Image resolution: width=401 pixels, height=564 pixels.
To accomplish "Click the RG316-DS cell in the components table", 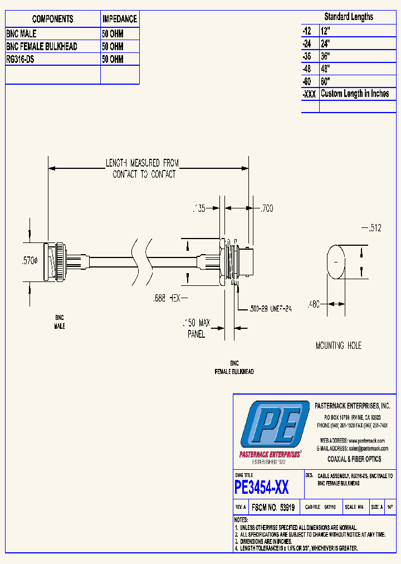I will pos(21,59).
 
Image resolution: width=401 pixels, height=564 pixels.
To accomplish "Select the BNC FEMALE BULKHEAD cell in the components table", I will pos(41,46).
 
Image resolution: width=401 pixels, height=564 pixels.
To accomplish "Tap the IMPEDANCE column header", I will pos(119,19).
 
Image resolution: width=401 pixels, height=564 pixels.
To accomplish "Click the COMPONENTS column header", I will pos(52,19).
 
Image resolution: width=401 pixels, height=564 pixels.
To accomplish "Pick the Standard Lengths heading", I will pos(349,17).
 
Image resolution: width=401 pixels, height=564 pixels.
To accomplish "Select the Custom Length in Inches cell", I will pos(355,94).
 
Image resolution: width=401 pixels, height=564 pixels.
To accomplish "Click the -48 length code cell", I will pos(308,69).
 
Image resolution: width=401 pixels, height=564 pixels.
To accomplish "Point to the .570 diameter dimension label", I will pos(27,260).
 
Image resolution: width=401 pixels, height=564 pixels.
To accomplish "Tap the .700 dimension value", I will pos(267,209).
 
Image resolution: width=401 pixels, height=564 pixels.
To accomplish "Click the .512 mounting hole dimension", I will pos(374,228).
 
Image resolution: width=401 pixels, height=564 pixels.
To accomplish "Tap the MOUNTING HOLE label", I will pos(338,346).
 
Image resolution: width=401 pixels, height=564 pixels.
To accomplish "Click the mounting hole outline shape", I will pos(335,261).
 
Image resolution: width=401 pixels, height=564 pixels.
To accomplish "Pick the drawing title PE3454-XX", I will pos(262,488).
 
